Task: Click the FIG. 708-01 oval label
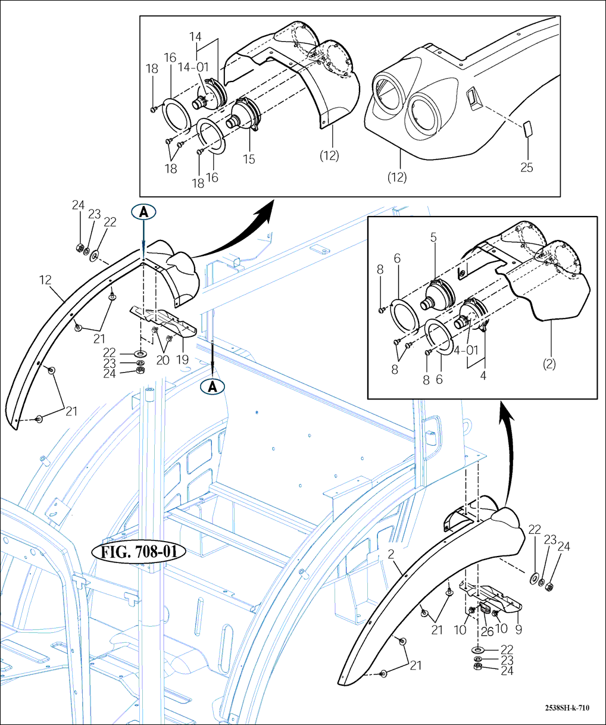tap(139, 552)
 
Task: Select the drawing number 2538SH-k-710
tap(567, 708)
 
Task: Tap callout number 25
tap(526, 167)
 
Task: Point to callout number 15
tap(249, 159)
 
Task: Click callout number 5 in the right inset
tap(433, 237)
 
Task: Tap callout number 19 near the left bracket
tap(182, 360)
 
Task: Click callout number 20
tap(163, 360)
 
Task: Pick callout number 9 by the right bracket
tap(517, 629)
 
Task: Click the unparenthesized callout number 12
tap(45, 279)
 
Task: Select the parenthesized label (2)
tap(549, 363)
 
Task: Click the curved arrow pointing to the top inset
tap(238, 229)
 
